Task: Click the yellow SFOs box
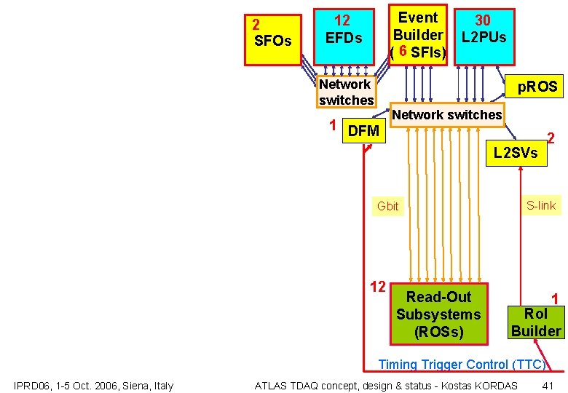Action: pos(272,39)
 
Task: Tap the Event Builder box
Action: pos(418,34)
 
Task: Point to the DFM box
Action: pos(363,131)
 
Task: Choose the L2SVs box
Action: pos(515,153)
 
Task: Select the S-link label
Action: pos(541,205)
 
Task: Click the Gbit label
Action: pos(387,206)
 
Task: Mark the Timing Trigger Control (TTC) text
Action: pos(462,365)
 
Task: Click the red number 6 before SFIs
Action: pos(403,52)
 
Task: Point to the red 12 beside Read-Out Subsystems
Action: pos(377,286)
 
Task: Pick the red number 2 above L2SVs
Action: pos(551,138)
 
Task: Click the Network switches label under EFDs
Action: pos(346,92)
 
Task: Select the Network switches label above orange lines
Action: pos(446,114)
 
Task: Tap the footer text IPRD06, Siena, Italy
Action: pos(93,385)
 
